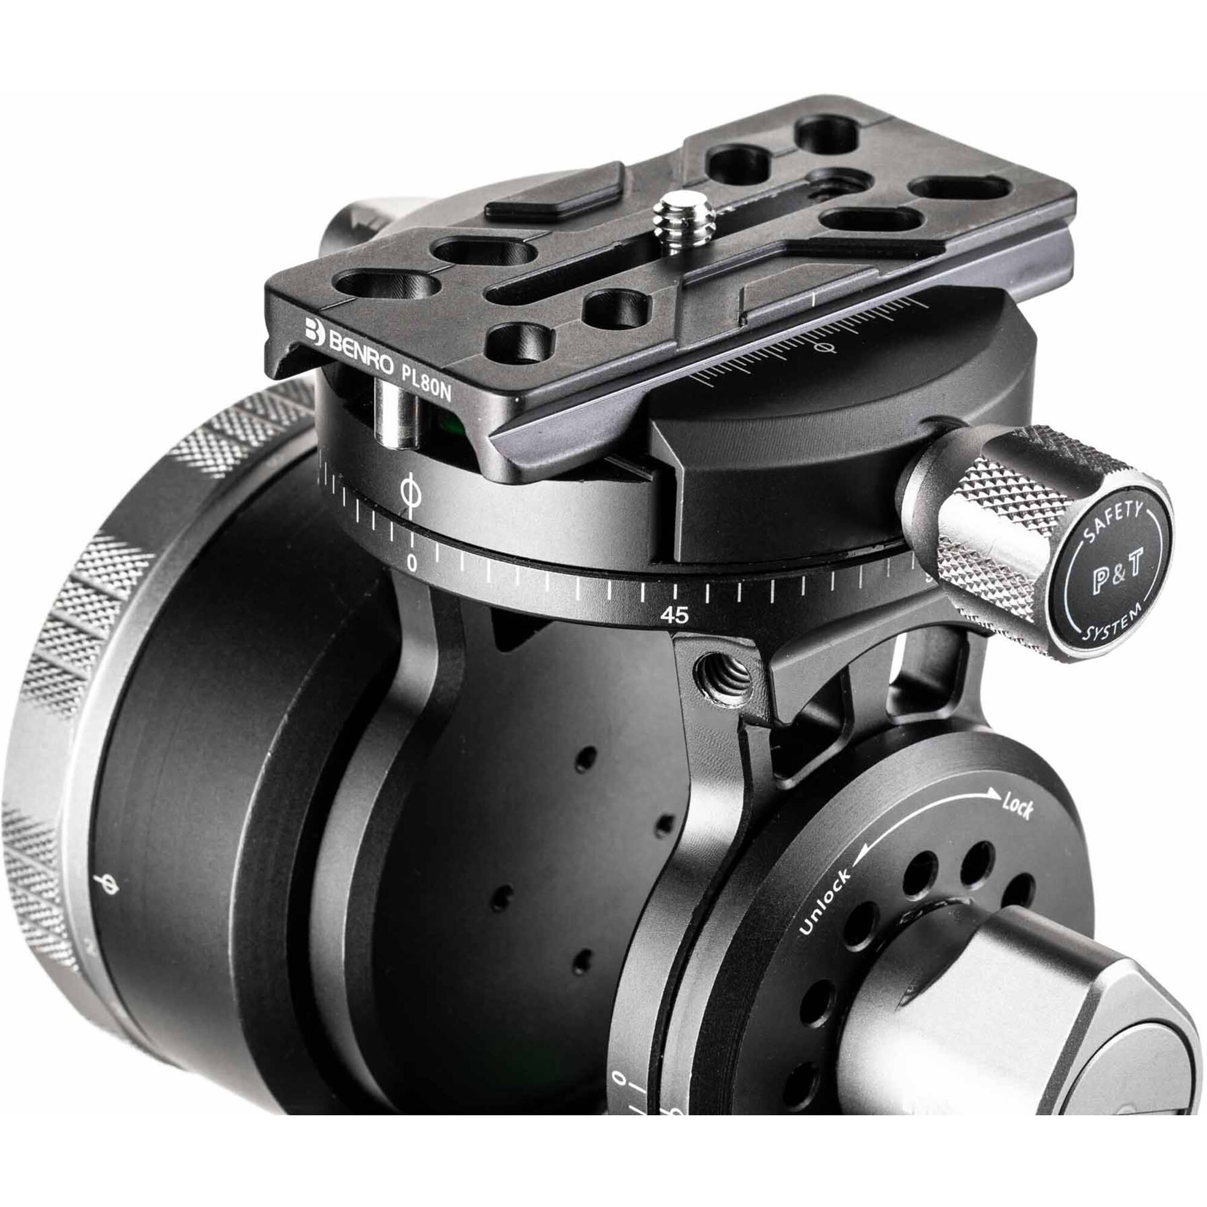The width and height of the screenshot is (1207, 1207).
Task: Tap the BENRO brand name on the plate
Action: pos(360,355)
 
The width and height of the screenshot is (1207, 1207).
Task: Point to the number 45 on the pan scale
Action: pos(674,616)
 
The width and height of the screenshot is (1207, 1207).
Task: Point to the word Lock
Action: pos(1018,809)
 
